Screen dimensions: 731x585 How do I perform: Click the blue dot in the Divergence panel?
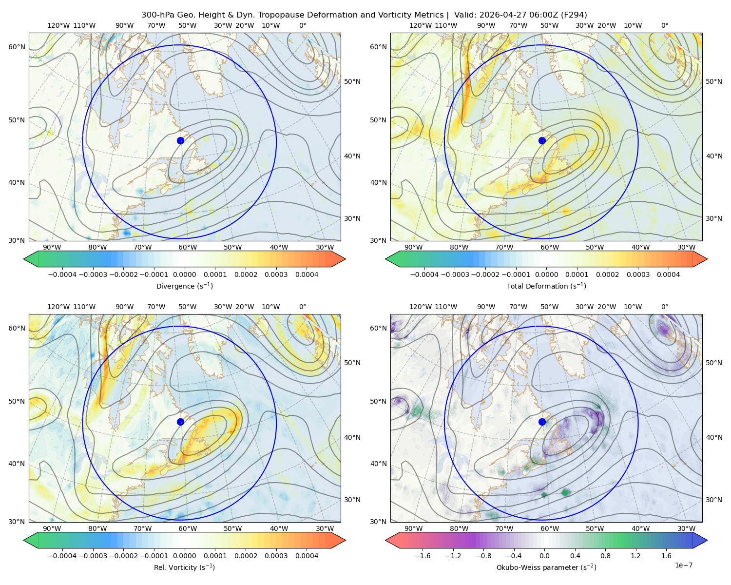[x=180, y=141]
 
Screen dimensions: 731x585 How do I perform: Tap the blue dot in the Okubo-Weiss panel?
[x=542, y=422]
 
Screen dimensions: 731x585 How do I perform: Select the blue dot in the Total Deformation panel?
[x=542, y=141]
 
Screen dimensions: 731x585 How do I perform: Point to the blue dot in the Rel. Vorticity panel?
[x=180, y=422]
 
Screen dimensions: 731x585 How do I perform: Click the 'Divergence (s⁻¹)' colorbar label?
[x=184, y=286]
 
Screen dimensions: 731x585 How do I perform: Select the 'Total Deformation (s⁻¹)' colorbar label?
[x=546, y=286]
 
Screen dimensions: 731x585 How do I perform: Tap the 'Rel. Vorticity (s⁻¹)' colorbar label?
[x=184, y=567]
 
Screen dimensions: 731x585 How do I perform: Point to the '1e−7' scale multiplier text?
[x=683, y=565]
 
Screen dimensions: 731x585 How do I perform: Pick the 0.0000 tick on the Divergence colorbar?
[x=184, y=274]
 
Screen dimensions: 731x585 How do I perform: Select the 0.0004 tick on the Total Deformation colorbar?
[x=669, y=274]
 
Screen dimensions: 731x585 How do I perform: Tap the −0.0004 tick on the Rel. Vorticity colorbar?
[x=62, y=556]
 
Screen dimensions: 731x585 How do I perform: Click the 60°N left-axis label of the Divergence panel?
[x=17, y=47]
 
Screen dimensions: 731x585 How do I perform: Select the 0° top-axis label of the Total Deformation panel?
[x=665, y=25]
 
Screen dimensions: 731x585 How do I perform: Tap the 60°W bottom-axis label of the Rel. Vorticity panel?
[x=188, y=528]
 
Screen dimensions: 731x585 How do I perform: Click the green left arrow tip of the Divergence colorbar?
[x=24, y=259]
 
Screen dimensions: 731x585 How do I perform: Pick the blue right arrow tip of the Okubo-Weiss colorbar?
[x=707, y=540]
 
